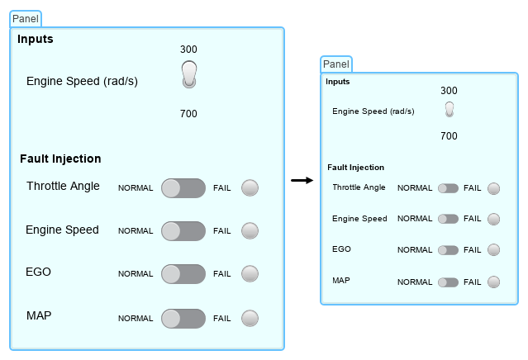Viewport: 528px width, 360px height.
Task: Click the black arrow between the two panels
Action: click(x=302, y=180)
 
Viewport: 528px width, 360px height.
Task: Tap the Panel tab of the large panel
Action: click(x=26, y=19)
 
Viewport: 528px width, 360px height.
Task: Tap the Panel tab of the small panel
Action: click(x=336, y=64)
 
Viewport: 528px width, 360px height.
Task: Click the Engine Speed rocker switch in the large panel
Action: click(x=189, y=73)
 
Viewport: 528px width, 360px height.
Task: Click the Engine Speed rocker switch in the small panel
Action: click(x=449, y=109)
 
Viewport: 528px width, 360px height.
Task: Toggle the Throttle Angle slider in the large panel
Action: click(x=183, y=187)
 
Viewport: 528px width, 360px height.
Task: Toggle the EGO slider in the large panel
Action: click(x=183, y=274)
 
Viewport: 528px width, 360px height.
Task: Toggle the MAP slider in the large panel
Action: click(x=183, y=318)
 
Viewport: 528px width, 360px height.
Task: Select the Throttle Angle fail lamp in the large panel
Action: click(x=250, y=187)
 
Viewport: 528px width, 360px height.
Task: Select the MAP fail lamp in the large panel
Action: click(x=250, y=318)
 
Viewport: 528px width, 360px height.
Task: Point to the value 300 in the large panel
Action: click(x=189, y=49)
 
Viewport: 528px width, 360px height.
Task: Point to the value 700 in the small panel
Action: click(x=449, y=136)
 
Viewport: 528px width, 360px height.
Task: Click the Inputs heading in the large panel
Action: click(x=36, y=39)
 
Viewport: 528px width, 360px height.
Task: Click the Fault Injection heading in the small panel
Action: click(x=355, y=167)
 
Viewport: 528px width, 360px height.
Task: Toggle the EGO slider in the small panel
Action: click(x=448, y=250)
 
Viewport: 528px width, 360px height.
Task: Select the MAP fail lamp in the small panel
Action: click(x=493, y=282)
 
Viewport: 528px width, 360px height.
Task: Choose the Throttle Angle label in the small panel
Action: click(x=359, y=187)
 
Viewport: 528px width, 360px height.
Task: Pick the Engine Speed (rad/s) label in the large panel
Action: click(x=82, y=81)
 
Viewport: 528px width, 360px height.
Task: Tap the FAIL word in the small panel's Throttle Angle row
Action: click(x=472, y=188)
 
